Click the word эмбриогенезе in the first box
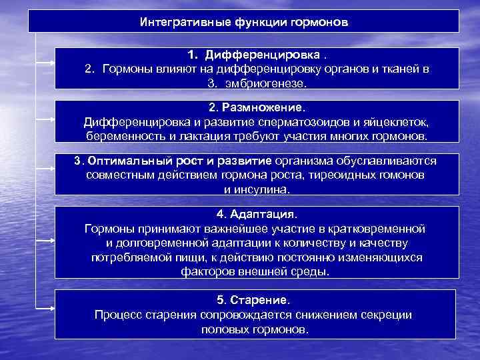click(265, 83)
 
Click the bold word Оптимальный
click(128, 161)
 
